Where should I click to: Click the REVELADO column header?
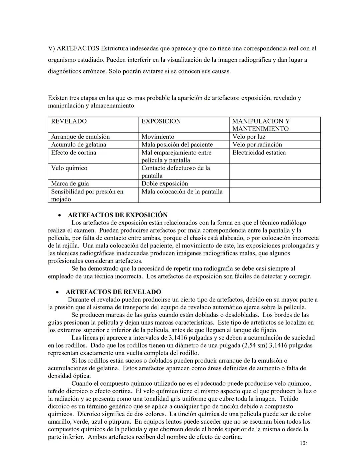click(x=69, y=121)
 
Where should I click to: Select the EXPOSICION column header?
click(x=161, y=121)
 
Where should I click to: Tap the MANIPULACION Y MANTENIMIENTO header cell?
click(x=261, y=125)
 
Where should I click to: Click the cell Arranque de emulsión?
click(x=80, y=137)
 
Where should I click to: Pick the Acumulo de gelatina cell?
click(x=79, y=144)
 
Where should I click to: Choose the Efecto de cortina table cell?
click(x=74, y=153)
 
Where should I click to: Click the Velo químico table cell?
click(x=69, y=168)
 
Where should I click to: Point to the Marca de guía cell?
click(x=70, y=183)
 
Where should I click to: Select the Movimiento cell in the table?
click(x=158, y=137)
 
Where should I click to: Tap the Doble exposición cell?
click(x=165, y=183)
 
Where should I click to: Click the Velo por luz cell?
click(x=249, y=137)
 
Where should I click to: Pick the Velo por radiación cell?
click(x=257, y=144)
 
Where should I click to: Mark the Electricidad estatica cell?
click(x=259, y=153)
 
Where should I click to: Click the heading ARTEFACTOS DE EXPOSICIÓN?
click(x=118, y=215)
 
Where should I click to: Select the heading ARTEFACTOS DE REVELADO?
click(x=113, y=292)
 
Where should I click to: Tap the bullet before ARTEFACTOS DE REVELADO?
click(x=58, y=292)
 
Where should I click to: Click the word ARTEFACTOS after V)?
click(x=78, y=48)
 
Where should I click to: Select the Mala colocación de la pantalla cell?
click(x=182, y=191)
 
